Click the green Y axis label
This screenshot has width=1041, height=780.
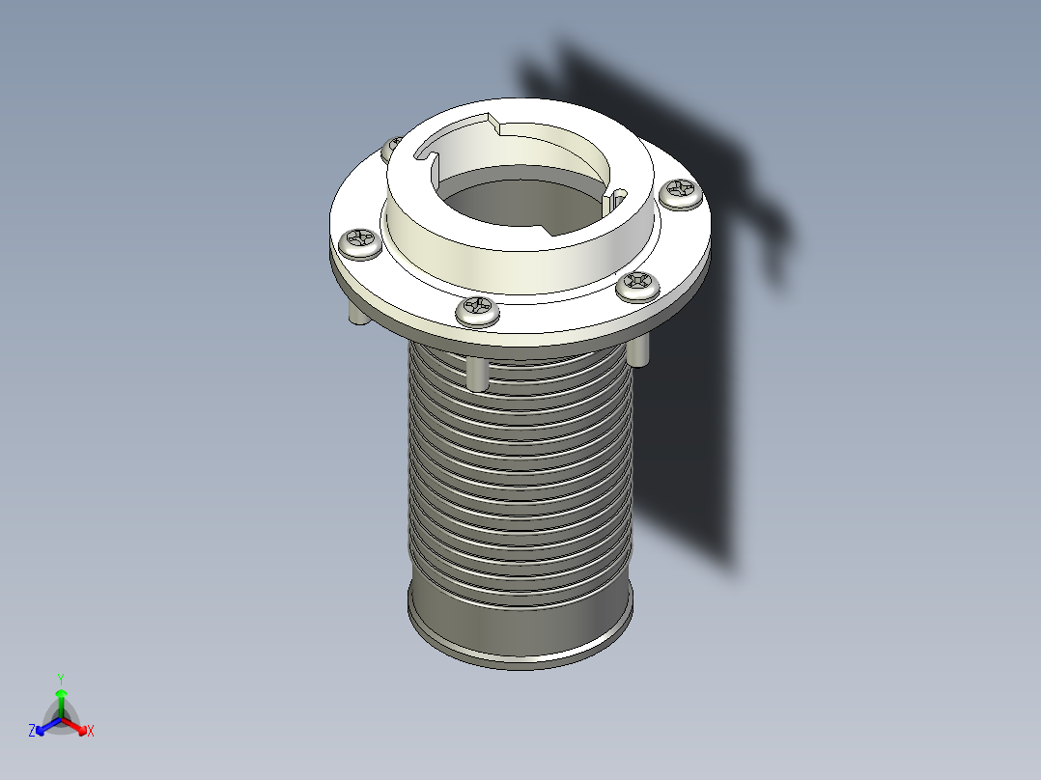(60, 678)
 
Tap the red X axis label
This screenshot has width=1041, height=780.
(90, 732)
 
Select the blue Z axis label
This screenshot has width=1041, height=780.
(32, 732)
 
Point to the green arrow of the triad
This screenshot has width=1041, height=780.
(60, 699)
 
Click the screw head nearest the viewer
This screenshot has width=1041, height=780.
(478, 309)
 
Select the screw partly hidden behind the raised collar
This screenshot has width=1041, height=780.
(391, 149)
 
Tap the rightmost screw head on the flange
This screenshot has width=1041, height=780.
(683, 192)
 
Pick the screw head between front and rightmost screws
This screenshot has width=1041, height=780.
(638, 284)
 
